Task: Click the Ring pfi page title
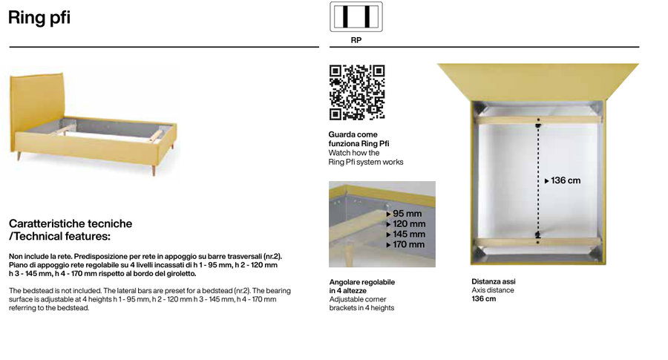(x=39, y=18)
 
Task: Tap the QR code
(x=357, y=93)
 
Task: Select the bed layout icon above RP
(x=356, y=17)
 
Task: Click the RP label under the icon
(x=356, y=40)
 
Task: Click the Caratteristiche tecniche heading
(x=71, y=223)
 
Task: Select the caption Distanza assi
(x=494, y=281)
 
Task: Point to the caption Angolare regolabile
(x=361, y=282)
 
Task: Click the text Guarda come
(x=353, y=134)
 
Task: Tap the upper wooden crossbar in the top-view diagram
(x=538, y=120)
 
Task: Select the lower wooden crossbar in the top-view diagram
(x=538, y=242)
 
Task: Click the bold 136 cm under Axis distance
(x=483, y=298)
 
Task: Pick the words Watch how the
(x=353, y=152)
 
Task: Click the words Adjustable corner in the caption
(x=358, y=299)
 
